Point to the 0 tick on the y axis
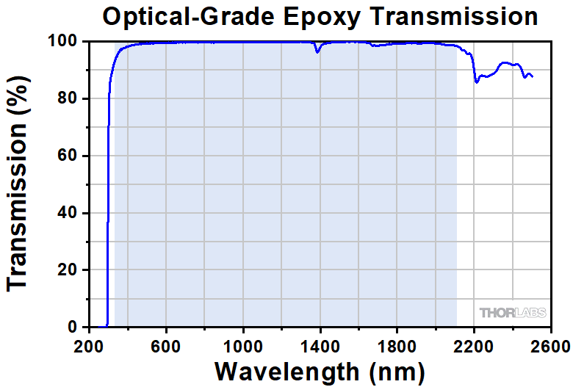73,327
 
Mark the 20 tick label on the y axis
68,270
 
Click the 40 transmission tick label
68,213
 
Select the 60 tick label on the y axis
68,156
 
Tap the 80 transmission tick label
68,98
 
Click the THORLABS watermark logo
513,313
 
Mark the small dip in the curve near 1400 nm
317,51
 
